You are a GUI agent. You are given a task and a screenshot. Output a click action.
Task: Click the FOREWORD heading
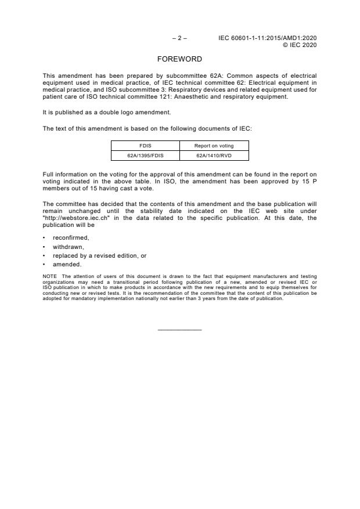[x=179, y=59]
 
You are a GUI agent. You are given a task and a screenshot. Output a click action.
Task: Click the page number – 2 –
[x=179, y=38]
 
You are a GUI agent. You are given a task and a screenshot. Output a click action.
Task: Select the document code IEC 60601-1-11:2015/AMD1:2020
[x=267, y=38]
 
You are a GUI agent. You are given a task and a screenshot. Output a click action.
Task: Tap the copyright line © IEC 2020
[x=299, y=45]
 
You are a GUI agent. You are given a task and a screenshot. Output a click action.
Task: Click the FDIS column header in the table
[x=145, y=146]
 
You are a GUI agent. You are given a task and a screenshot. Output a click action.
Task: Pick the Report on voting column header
[x=214, y=146]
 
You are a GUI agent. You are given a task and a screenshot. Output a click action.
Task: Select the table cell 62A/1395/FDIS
[x=145, y=156]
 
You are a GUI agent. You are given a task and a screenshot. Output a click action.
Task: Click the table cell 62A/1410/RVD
[x=214, y=156]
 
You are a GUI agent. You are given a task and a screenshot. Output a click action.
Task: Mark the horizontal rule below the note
[x=179, y=330]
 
